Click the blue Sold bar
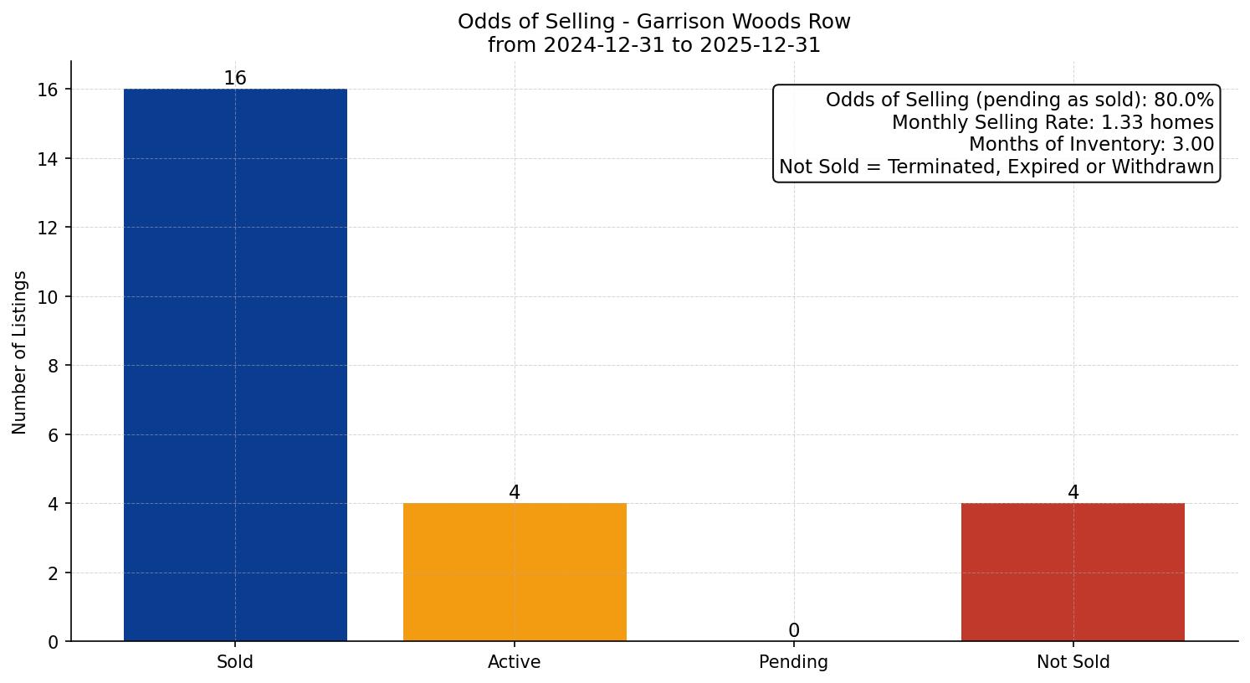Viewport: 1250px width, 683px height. pos(235,365)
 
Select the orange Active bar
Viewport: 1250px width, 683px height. pos(515,573)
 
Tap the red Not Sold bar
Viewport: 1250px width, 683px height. pos(1073,573)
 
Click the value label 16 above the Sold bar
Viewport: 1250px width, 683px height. pos(235,79)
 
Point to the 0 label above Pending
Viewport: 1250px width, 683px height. pos(794,631)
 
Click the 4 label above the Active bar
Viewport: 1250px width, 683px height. pos(515,493)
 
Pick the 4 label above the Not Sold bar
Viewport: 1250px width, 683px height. pos(1073,493)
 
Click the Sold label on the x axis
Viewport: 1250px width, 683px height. pos(235,662)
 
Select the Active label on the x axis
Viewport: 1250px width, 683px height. pos(515,662)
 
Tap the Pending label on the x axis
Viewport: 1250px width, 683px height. pos(794,662)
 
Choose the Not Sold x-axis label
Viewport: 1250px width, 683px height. pos(1073,662)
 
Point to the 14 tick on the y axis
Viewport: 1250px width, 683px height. pos(49,159)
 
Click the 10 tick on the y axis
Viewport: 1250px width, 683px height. pos(49,297)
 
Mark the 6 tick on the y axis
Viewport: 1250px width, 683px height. pos(54,435)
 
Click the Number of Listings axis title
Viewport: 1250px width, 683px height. pos(20,352)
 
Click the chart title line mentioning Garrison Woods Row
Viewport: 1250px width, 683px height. pos(654,22)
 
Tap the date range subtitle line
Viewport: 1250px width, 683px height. pos(654,45)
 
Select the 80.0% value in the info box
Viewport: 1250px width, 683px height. pos(1183,100)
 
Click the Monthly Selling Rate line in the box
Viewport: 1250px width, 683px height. pos(1053,122)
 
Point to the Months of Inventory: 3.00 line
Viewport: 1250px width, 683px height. pos(1091,145)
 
